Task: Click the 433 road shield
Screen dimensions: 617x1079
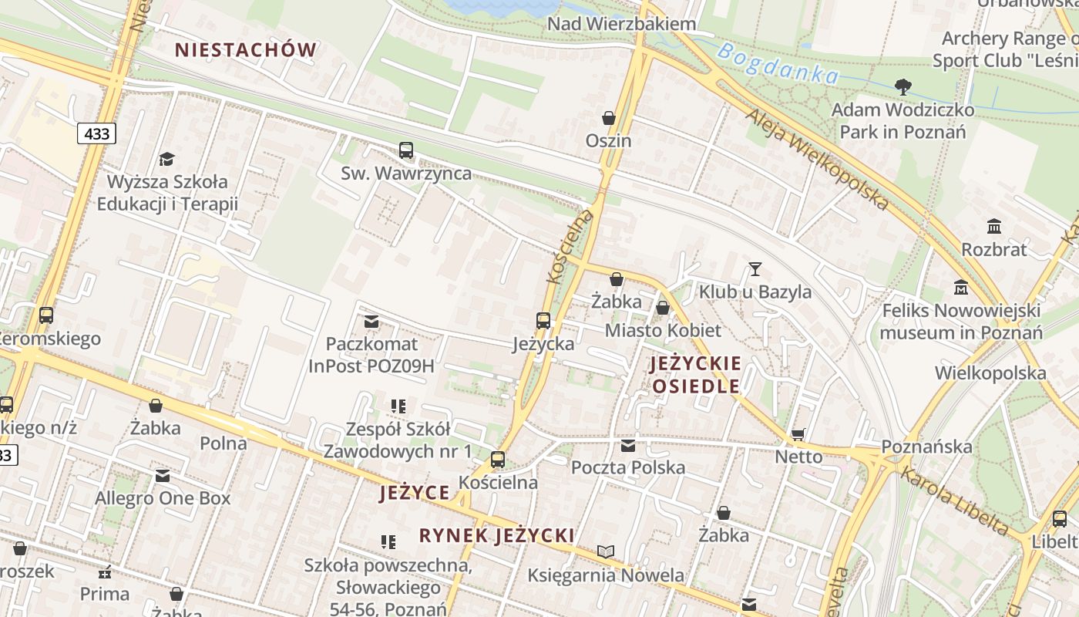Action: coord(96,134)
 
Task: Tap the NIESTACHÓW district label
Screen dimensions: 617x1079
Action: coord(246,50)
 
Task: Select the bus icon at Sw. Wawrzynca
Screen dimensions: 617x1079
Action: coord(406,150)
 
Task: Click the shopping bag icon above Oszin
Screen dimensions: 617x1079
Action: coord(609,118)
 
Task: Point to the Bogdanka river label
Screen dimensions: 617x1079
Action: coord(777,64)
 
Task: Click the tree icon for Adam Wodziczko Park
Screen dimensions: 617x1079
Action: coord(903,87)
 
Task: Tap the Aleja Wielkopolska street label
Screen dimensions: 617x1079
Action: coord(818,160)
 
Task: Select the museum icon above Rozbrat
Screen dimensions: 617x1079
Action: coord(994,227)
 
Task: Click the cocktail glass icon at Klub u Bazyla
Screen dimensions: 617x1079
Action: coord(755,269)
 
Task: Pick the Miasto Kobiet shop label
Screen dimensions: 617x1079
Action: coord(663,331)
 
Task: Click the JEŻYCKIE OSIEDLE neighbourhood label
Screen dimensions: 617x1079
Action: coord(696,375)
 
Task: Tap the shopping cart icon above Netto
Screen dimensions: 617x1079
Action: coord(798,434)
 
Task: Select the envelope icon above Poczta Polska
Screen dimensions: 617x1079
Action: coord(628,445)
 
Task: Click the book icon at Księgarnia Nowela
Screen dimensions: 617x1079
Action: coord(606,552)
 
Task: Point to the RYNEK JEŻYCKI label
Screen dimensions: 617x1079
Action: coord(497,535)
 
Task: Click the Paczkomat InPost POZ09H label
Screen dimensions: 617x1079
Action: coord(371,355)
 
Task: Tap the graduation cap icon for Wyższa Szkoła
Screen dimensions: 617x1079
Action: coord(166,160)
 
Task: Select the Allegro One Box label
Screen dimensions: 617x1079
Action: coord(163,498)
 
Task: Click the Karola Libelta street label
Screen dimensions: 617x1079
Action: coord(954,501)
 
